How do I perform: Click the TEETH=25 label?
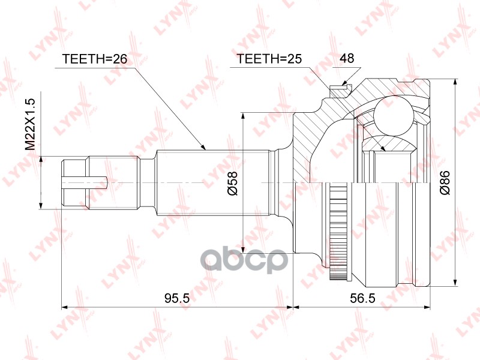point(269,59)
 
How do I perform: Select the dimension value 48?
point(346,59)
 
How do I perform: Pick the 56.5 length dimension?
point(361,298)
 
